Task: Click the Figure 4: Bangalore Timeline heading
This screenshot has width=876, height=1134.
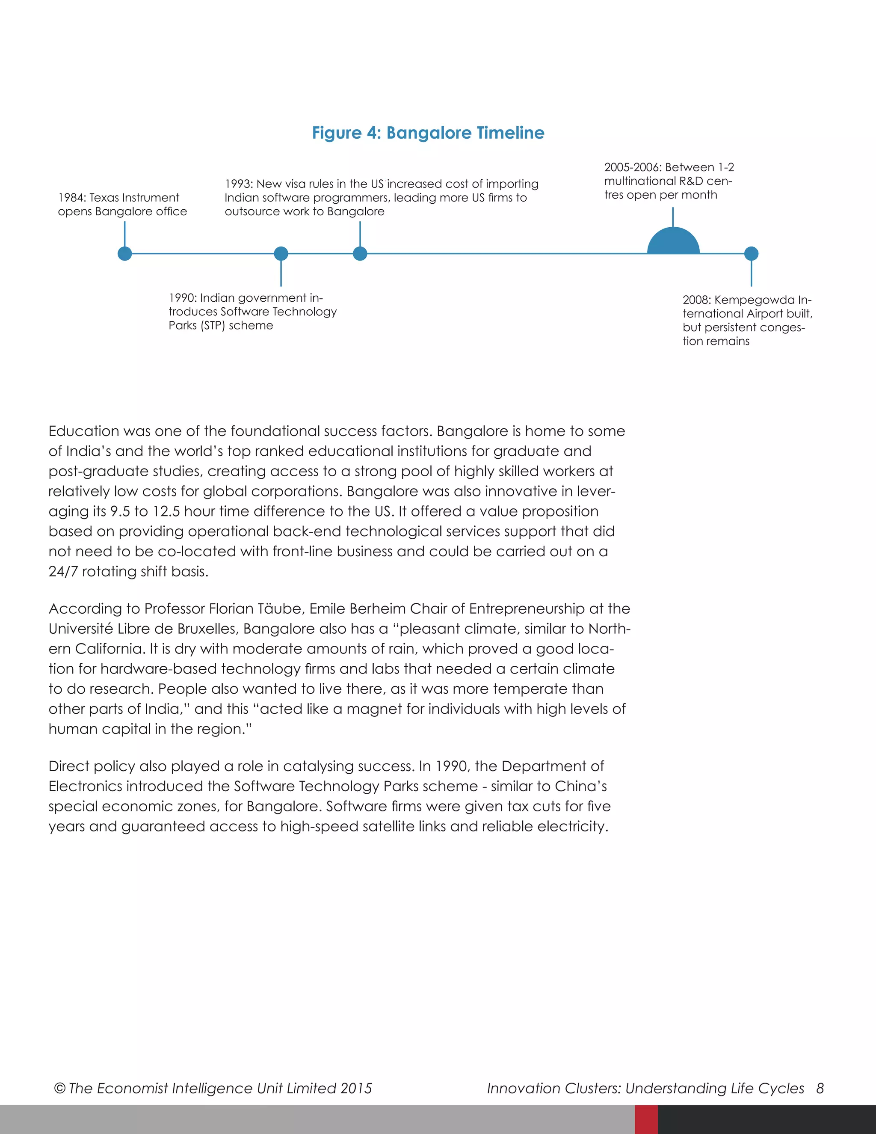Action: [428, 133]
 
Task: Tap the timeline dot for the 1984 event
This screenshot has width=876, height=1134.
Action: [124, 253]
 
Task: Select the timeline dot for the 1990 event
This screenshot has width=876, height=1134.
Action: [281, 253]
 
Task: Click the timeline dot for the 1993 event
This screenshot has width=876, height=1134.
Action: [360, 253]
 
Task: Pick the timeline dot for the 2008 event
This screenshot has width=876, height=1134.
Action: [751, 253]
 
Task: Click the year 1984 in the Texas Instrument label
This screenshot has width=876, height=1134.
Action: [71, 198]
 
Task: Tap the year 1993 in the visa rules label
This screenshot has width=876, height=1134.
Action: [239, 184]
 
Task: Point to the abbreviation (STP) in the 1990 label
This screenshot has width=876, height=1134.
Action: [213, 326]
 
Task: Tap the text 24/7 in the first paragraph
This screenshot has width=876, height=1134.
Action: [63, 572]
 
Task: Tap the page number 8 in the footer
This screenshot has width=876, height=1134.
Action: [820, 1088]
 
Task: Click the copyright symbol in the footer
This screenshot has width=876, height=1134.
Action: [60, 1088]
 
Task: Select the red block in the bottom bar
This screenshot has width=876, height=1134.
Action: [646, 1119]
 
